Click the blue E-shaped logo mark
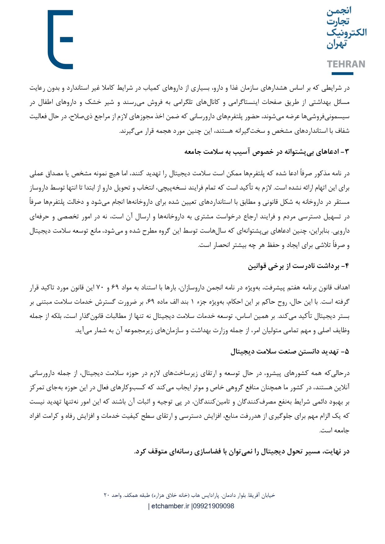60,39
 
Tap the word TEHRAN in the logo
346,64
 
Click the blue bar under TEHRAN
342,74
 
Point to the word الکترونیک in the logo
346,32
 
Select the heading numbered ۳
267,152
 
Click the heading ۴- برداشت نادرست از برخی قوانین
298,266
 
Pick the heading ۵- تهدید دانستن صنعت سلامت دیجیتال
290,352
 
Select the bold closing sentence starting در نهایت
242,451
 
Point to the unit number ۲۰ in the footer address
107,495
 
